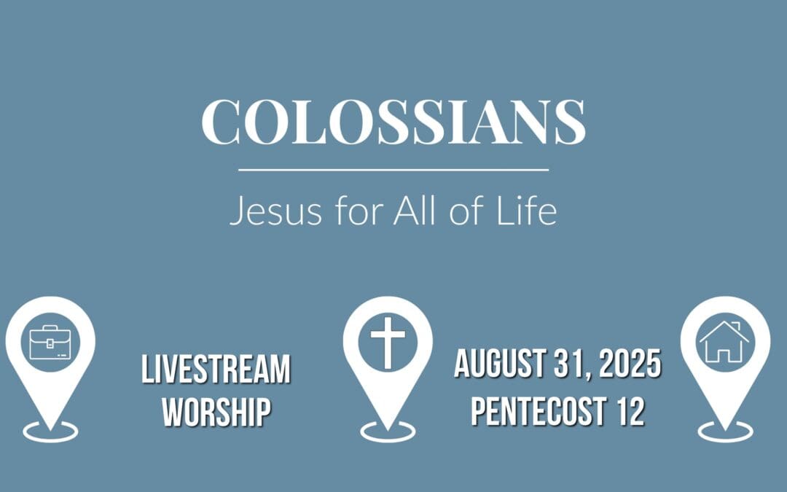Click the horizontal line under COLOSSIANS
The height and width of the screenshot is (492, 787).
393,170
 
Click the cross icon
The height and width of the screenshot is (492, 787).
387,342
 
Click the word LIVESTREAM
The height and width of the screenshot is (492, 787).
216,370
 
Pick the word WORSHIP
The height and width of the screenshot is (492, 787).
216,412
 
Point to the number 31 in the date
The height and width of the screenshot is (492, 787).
571,364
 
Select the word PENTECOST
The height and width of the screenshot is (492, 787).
535,412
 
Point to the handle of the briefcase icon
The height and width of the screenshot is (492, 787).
50,329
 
